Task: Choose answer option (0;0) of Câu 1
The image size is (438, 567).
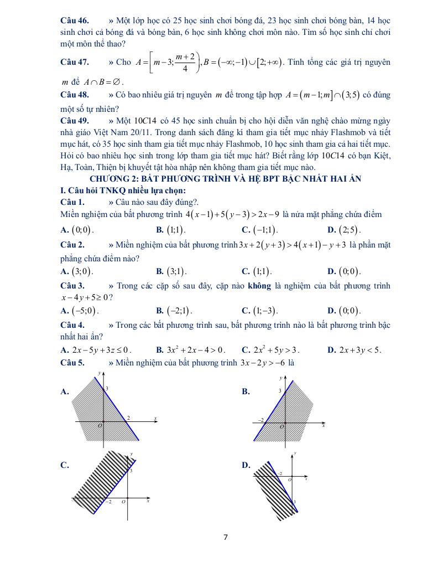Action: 83,230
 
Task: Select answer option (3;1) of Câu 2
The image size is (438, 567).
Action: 176,271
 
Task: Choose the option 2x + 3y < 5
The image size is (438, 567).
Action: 359,349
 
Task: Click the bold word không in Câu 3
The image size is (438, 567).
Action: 260,286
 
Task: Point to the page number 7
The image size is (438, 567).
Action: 226,537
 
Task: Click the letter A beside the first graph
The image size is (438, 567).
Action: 64,391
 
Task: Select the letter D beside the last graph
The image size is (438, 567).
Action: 246,465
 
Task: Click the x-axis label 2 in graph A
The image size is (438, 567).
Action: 128,417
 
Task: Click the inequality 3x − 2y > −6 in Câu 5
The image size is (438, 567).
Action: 264,363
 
